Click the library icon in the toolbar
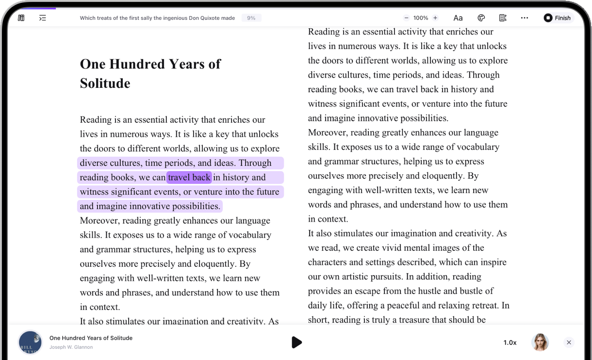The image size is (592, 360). tap(21, 18)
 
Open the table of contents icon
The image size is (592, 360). tap(43, 18)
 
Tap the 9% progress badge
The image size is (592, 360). tap(251, 18)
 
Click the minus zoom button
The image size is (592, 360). tap(406, 18)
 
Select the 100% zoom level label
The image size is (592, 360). tap(421, 18)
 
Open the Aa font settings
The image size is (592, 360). tap(458, 18)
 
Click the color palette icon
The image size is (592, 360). tap(481, 18)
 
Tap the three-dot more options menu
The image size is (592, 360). tap(525, 18)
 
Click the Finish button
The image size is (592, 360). tap(558, 18)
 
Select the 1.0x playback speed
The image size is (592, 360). tap(510, 343)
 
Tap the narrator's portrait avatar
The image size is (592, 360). tap(540, 342)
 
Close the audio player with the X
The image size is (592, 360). tap(569, 343)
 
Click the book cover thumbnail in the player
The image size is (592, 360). tap(30, 343)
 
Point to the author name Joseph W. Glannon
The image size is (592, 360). tap(71, 347)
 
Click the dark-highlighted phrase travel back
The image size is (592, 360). tap(189, 178)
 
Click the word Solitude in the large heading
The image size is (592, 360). tap(105, 83)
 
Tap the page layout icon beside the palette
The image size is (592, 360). tap(503, 18)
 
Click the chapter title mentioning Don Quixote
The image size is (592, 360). tap(157, 18)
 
